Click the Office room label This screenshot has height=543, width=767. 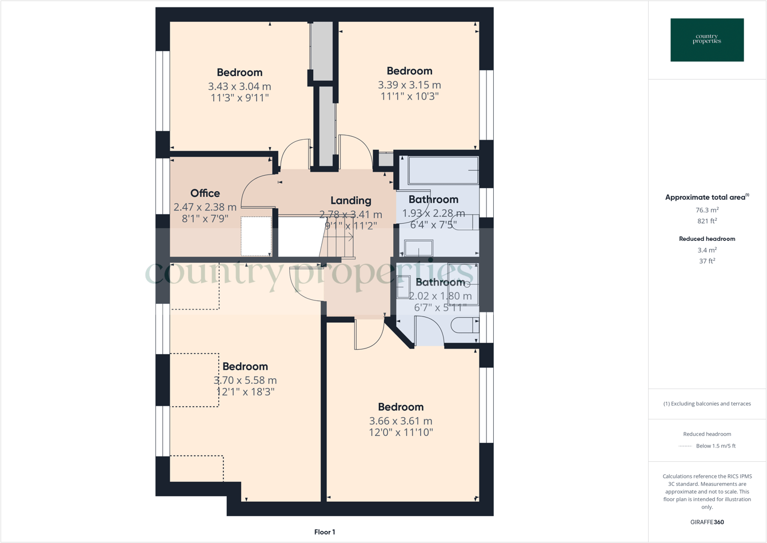tap(205, 193)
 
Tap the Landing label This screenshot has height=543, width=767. tap(350, 200)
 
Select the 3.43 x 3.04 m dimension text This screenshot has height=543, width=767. tap(239, 86)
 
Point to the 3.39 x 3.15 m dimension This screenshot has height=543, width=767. tap(409, 85)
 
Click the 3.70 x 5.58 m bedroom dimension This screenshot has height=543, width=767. tap(245, 380)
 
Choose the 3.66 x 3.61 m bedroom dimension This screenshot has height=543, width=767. tap(401, 421)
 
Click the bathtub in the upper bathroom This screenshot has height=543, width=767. tap(443, 171)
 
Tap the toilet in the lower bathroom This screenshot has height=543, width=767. tap(464, 326)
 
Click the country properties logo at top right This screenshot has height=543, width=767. tap(707, 40)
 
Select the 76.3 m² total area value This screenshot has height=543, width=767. tap(707, 210)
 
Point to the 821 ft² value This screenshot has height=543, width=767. tap(707, 221)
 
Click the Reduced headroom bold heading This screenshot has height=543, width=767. tap(707, 239)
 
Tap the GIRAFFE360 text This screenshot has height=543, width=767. tap(707, 522)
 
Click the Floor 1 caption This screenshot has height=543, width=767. tap(325, 532)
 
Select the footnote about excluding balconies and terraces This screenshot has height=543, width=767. tap(707, 403)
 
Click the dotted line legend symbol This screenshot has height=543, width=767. tap(685, 446)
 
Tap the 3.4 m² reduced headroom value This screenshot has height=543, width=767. tap(707, 250)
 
